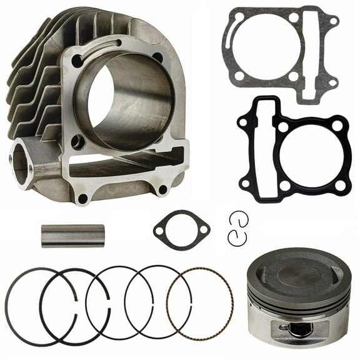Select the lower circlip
pyautogui.click(x=236, y=237)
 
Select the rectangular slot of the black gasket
pyautogui.click(x=256, y=141)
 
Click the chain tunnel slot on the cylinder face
pyautogui.click(x=125, y=164)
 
